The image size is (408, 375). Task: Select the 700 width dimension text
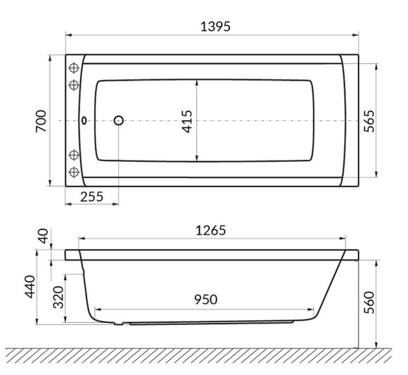[41, 121]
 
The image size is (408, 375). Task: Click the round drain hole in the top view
[118, 121]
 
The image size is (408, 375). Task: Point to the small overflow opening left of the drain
[86, 121]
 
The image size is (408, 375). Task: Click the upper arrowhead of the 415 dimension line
[197, 82]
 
